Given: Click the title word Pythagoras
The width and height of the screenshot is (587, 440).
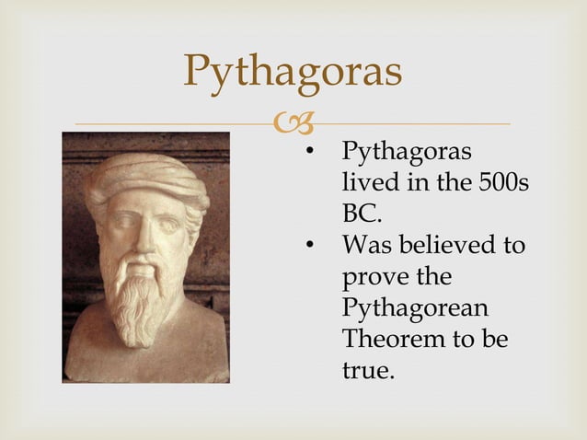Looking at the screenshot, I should [293, 72].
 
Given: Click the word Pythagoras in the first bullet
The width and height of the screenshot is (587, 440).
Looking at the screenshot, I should [407, 151].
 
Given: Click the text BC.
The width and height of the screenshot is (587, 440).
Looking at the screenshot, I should [361, 214].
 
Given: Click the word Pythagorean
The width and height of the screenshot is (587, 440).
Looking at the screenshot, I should [415, 308].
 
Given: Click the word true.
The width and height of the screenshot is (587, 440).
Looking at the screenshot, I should [367, 371].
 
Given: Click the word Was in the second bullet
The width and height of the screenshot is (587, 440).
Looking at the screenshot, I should [363, 245].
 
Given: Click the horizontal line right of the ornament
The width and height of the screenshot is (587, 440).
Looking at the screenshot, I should [414, 123].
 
